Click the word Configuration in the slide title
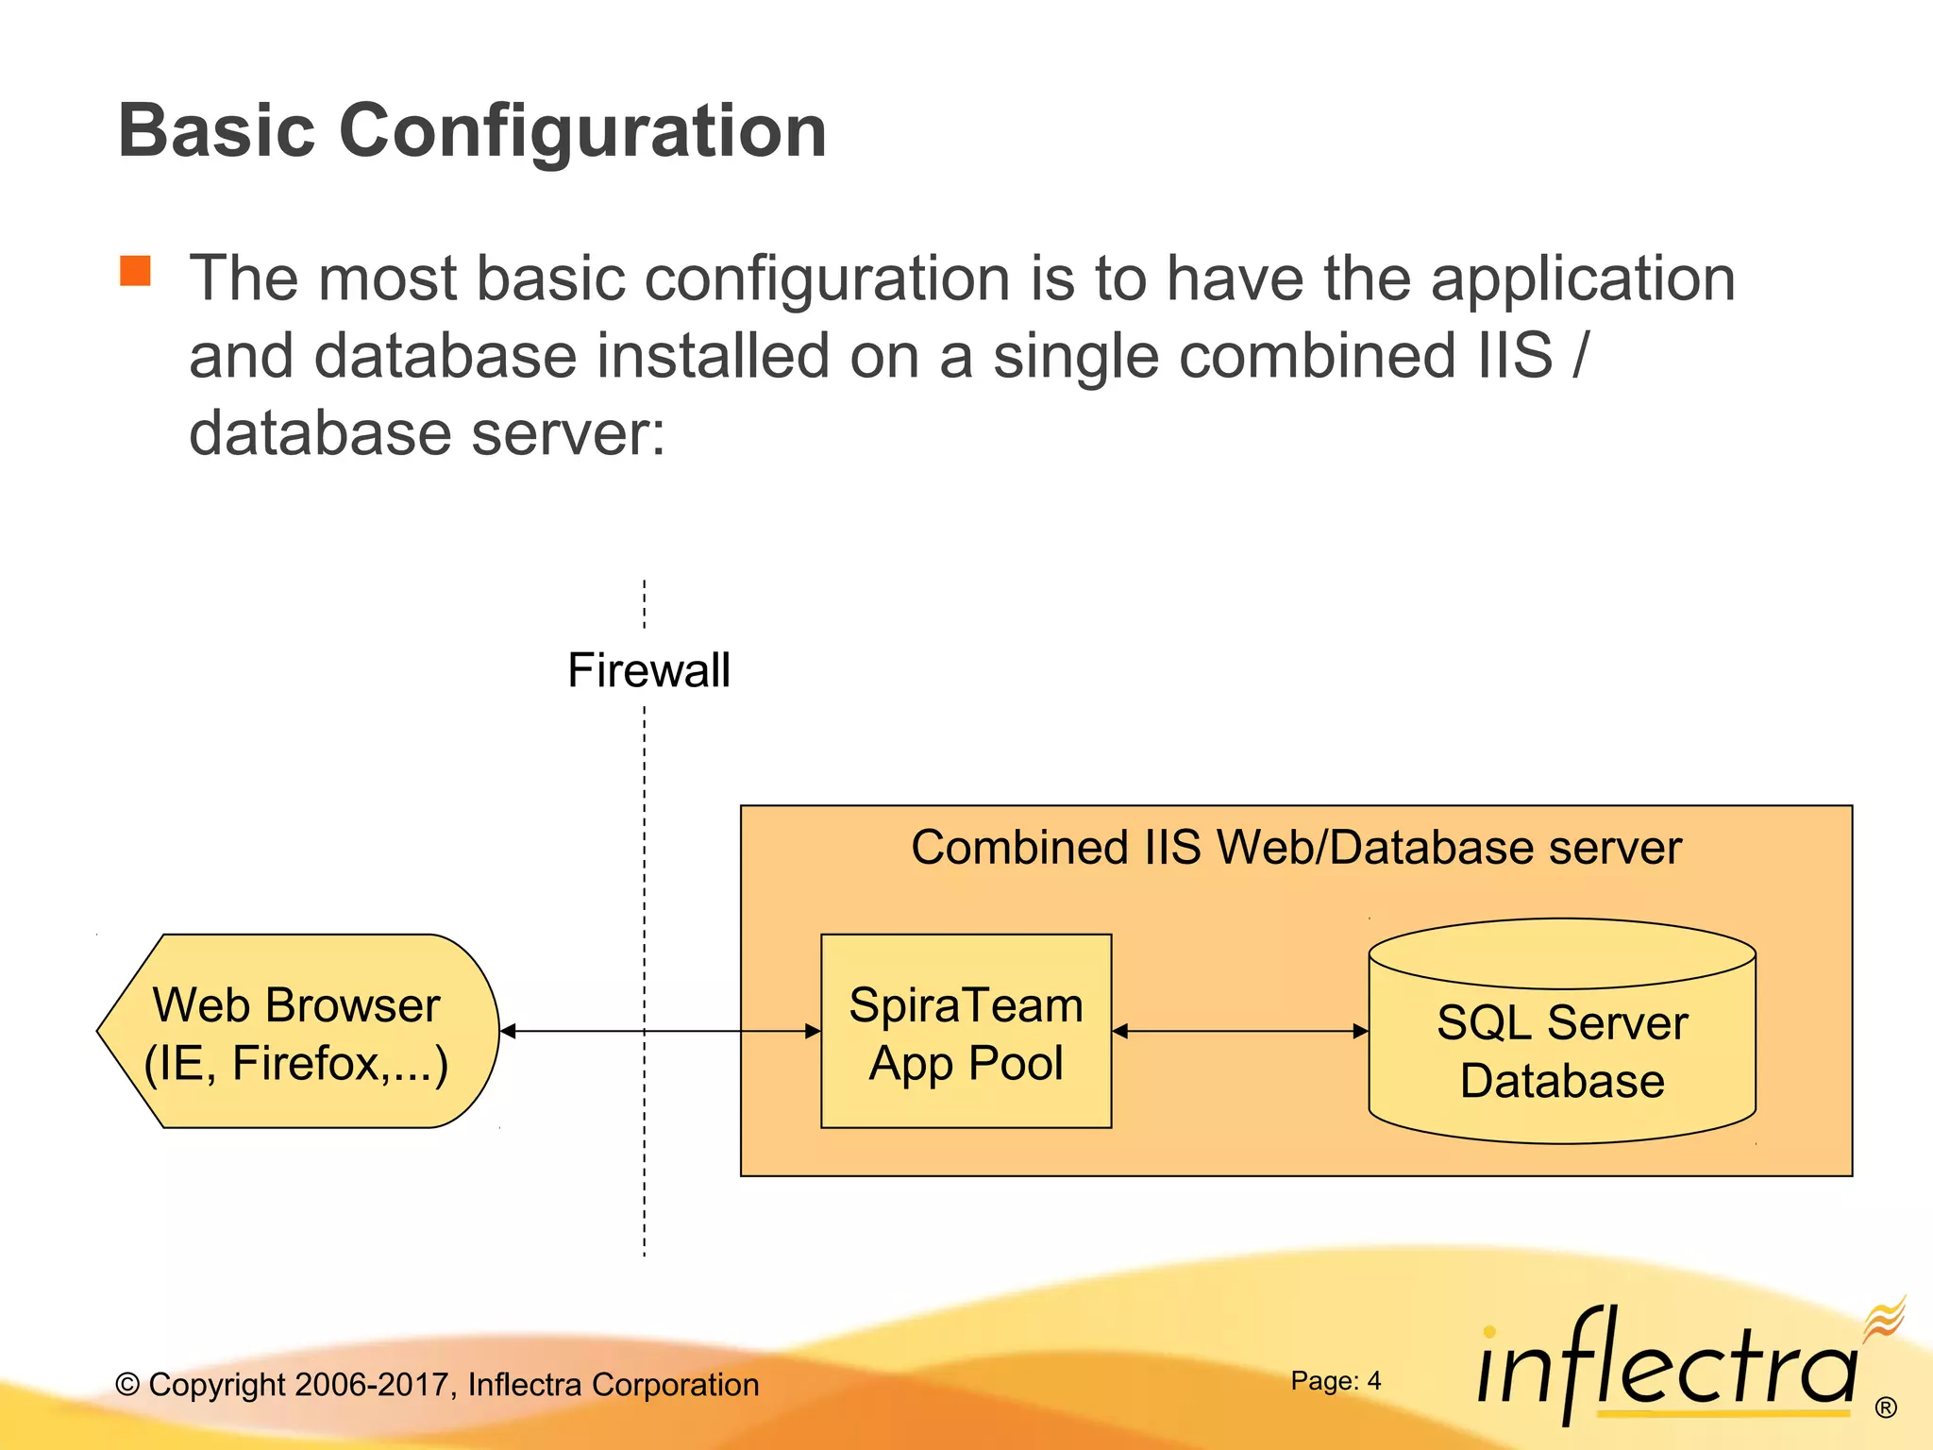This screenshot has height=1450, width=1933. (581, 130)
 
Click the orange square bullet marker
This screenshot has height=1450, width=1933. (136, 271)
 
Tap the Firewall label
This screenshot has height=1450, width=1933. (648, 670)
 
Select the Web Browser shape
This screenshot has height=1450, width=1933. (297, 1031)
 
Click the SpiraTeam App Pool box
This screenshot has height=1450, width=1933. (966, 1031)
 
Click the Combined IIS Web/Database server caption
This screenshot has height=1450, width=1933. (1296, 847)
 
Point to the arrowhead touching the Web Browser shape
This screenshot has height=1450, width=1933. (508, 1031)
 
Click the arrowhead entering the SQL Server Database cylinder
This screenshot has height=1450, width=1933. (1360, 1031)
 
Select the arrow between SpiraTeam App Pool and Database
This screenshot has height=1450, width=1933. (1240, 1031)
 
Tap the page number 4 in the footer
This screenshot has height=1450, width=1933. (1374, 1381)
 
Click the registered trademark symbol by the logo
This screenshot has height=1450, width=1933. (1886, 1408)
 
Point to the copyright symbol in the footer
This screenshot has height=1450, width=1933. (127, 1385)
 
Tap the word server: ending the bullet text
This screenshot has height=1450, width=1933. (568, 433)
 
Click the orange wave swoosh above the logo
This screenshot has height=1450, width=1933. (1884, 1318)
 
